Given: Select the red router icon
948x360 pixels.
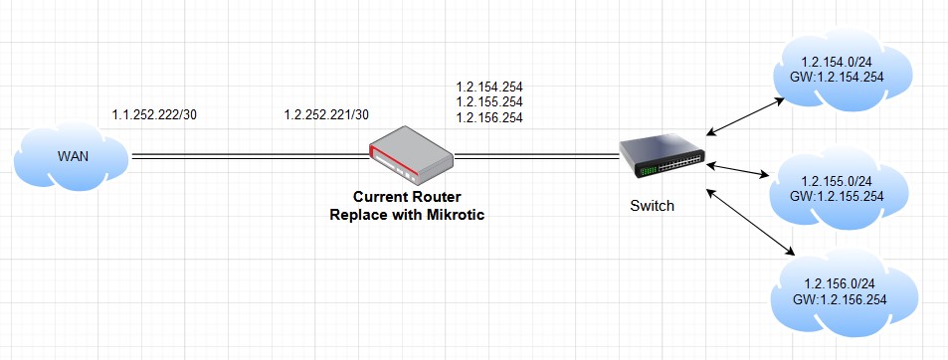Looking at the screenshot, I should click(x=410, y=150).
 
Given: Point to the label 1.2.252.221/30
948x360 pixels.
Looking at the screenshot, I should click(x=326, y=114).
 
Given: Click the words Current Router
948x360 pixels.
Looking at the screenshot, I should click(x=407, y=199).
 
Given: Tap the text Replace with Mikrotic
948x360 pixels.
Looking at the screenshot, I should click(x=407, y=215).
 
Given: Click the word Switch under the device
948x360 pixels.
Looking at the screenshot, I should click(x=653, y=207).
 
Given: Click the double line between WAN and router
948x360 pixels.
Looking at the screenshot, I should click(x=248, y=156).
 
